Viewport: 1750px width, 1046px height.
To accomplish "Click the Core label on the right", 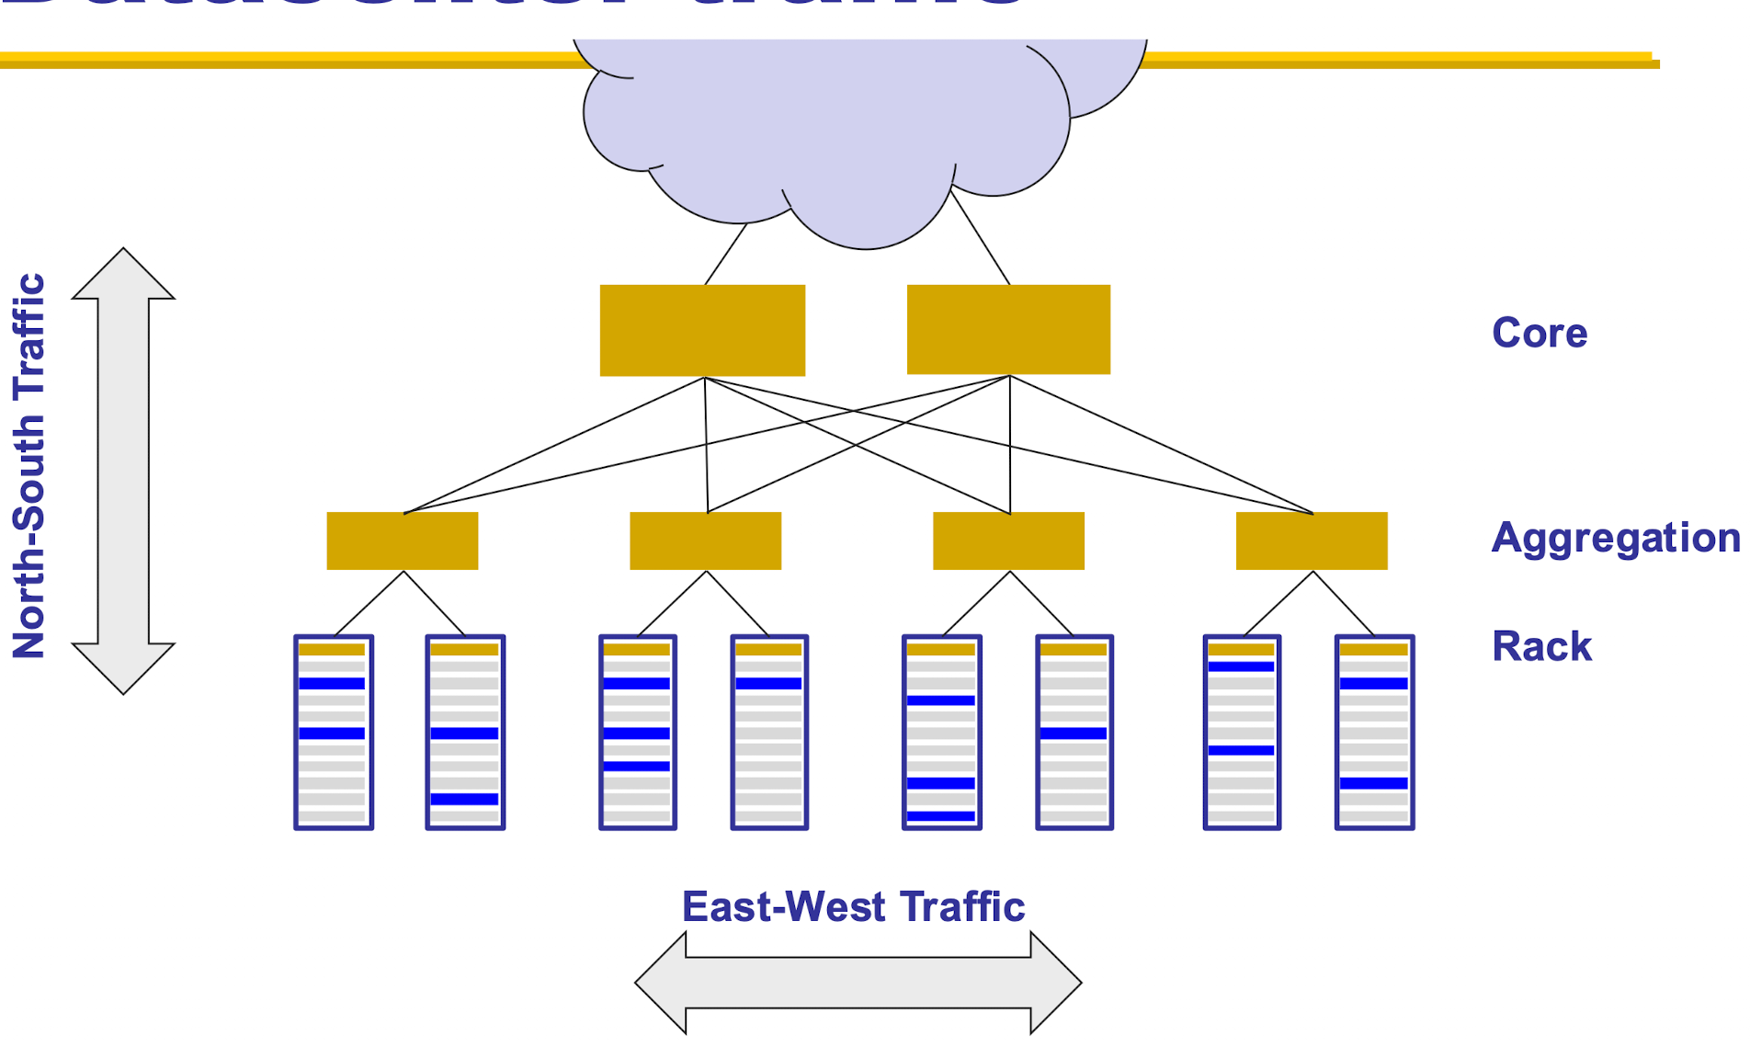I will coord(1539,333).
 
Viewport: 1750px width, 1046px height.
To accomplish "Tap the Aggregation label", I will coord(1615,539).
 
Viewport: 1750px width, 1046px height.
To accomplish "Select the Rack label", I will coord(1540,646).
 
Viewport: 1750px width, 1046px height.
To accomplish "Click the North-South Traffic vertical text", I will coord(29,466).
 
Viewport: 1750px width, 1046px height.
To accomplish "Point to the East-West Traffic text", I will coord(853,907).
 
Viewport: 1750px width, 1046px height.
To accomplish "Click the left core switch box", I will coord(702,330).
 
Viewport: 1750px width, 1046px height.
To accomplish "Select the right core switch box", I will coord(1008,329).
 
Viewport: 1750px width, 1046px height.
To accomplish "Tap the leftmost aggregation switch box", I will coord(403,540).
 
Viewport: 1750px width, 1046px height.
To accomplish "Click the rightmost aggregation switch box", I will coord(1312,540).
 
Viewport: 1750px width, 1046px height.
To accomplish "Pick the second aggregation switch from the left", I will coord(705,540).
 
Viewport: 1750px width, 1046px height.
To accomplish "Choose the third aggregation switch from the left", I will coord(1008,540).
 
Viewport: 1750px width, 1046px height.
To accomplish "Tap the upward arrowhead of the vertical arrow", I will coord(123,276).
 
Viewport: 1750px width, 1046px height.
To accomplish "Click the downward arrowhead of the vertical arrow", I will coord(123,666).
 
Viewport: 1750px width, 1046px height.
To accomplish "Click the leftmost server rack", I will coord(333,733).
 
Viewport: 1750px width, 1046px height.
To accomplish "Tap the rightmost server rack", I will coord(1374,733).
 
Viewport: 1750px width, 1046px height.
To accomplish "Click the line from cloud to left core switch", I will coord(725,255).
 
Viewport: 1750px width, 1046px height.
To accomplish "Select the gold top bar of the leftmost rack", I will coord(332,649).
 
